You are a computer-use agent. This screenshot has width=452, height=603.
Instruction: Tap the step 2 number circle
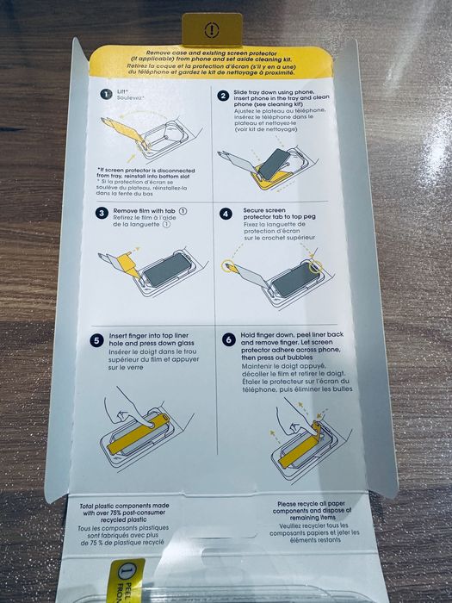[223, 96]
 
